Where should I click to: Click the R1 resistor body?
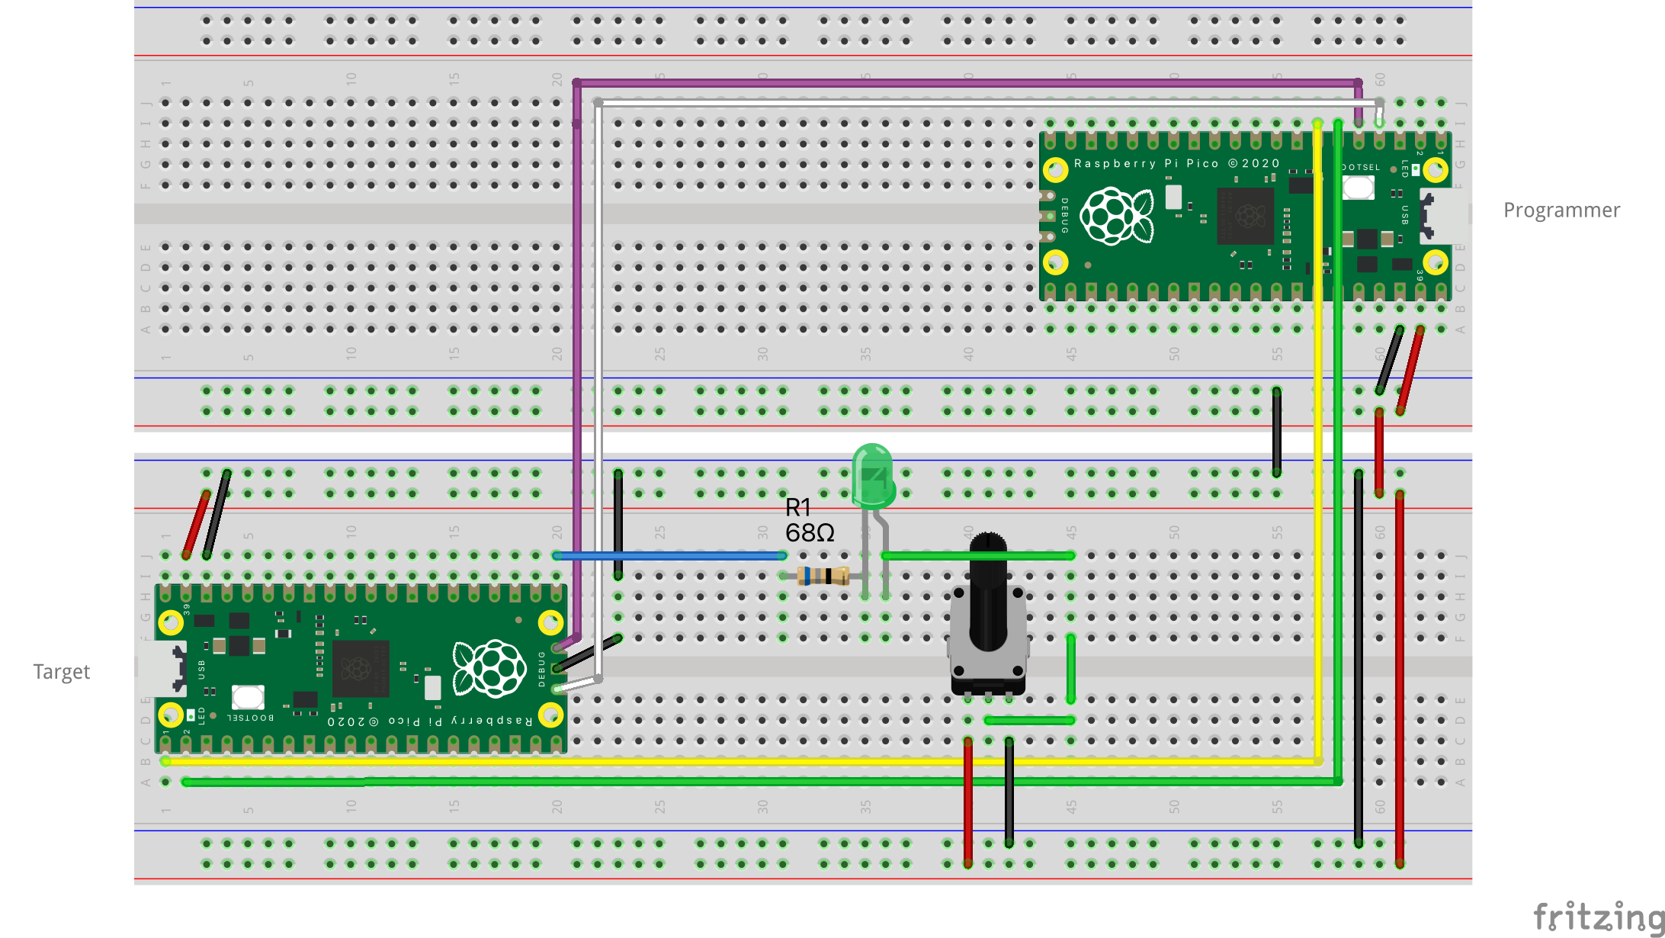click(x=823, y=576)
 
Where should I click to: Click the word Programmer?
click(x=1561, y=210)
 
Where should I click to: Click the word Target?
click(x=61, y=672)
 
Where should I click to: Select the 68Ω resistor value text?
click(x=810, y=533)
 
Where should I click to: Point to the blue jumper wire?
click(x=671, y=556)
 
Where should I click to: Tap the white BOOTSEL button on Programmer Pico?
click(x=1358, y=187)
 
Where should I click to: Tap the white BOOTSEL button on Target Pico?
click(x=248, y=696)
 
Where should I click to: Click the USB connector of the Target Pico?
click(x=163, y=668)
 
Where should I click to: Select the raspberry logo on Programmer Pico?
click(x=1116, y=217)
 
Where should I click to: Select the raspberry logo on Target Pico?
click(x=489, y=668)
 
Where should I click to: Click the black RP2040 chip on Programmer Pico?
click(x=1246, y=216)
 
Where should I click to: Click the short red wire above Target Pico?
click(x=196, y=524)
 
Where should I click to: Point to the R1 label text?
click(x=797, y=507)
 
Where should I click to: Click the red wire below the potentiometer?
click(x=967, y=801)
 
